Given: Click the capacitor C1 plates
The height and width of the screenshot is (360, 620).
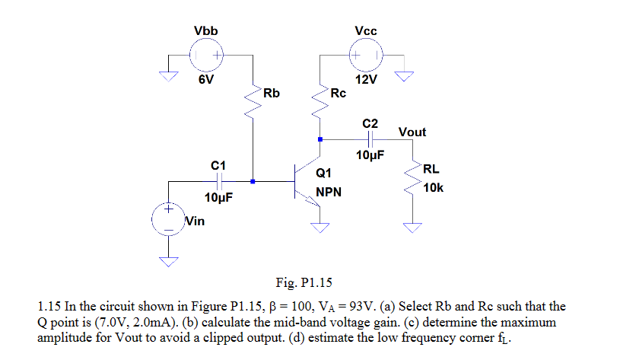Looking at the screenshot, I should click(x=218, y=182).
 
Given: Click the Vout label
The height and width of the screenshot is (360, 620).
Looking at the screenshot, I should click(x=412, y=132).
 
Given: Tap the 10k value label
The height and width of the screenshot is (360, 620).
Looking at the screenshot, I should click(x=434, y=187).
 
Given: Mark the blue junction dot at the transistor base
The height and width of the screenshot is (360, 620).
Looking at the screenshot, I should click(x=253, y=182).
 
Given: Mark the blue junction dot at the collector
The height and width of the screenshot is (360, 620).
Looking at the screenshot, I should click(x=320, y=139).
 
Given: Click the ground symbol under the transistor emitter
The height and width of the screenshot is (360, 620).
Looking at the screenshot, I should click(x=320, y=226).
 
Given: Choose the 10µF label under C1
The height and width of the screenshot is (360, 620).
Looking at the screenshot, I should click(x=218, y=199).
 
